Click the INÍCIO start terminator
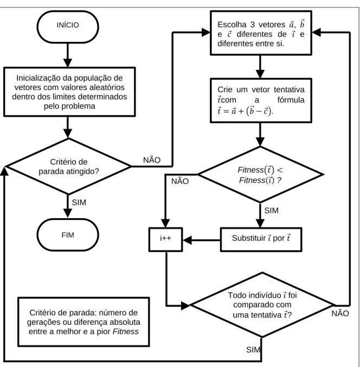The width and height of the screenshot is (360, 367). click(x=68, y=27)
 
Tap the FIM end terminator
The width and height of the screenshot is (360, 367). click(x=68, y=235)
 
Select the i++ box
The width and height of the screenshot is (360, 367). click(x=165, y=239)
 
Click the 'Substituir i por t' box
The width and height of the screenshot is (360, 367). click(x=261, y=239)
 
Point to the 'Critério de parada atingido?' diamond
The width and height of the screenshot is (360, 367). click(x=68, y=167)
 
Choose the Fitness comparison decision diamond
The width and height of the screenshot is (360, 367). click(x=260, y=174)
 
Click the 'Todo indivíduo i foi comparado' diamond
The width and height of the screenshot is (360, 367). click(x=262, y=305)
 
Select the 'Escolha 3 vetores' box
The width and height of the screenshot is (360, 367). click(x=261, y=33)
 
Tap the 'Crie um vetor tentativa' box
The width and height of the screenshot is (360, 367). click(x=261, y=100)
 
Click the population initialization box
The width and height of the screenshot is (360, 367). click(x=69, y=92)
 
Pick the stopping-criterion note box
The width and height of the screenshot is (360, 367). click(x=83, y=321)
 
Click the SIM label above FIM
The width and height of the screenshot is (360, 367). click(x=79, y=202)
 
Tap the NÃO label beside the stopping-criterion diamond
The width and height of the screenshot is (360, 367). click(x=152, y=160)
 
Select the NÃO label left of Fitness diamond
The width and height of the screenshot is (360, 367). click(x=180, y=181)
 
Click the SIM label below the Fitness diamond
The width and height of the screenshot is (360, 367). click(x=272, y=211)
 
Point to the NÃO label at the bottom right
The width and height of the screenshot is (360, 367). click(x=340, y=313)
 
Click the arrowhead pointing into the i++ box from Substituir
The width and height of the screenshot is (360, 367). click(x=187, y=240)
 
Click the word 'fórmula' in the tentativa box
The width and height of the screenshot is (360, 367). click(x=291, y=100)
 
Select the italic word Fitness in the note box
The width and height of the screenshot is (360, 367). click(x=126, y=331)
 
